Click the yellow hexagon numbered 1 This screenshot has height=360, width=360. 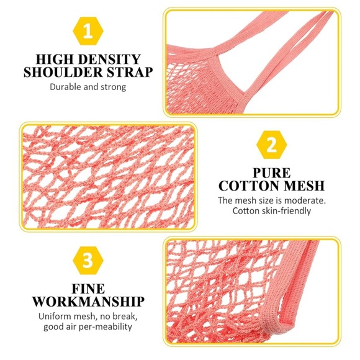pos(88,31)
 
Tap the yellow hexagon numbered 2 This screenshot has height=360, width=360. pos(272,145)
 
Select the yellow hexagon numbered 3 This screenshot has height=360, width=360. pos(88,260)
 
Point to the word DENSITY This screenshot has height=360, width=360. pos(109,59)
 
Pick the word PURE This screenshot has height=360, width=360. pos(272,173)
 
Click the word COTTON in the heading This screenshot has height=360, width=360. pos(249,186)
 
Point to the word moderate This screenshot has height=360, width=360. pos(305,200)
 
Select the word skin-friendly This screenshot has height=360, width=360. pos(286,211)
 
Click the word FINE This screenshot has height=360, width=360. pos(88,289)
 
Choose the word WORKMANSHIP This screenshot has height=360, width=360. pos(88,302)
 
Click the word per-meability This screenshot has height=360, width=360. pos(106,327)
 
